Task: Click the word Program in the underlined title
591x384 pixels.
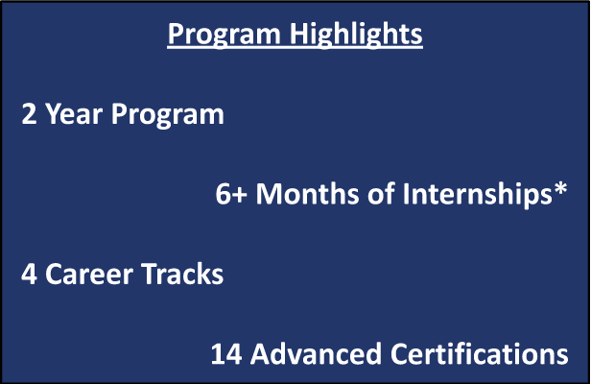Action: [224, 36]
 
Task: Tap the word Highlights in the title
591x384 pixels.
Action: [356, 36]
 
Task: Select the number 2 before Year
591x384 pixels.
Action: [29, 113]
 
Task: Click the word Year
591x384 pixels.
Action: [74, 113]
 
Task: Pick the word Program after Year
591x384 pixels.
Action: [167, 115]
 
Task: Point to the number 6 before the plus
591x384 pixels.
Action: [224, 194]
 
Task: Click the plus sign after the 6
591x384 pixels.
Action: [240, 195]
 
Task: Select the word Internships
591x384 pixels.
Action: [478, 195]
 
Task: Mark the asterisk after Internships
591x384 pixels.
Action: [560, 188]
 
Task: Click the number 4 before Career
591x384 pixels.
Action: [29, 274]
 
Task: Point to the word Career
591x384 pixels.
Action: [89, 274]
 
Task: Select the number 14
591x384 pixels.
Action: [226, 354]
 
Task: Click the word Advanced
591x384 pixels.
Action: [316, 353]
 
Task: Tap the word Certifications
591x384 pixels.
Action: [480, 353]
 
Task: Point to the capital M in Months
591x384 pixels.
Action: [270, 194]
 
